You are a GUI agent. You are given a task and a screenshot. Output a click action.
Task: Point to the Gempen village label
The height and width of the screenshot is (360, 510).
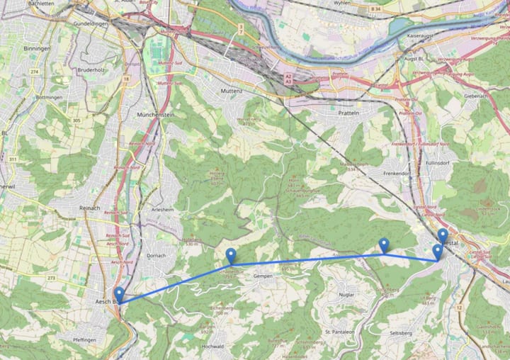point(263,276)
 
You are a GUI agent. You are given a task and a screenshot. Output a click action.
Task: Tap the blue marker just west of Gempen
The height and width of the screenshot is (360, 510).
point(231,256)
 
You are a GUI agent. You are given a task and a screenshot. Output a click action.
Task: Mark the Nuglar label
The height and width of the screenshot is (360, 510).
point(347,293)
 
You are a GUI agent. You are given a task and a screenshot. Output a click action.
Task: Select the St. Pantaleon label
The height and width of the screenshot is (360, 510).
point(339,331)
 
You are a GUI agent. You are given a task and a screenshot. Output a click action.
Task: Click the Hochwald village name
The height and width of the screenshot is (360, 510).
point(213,346)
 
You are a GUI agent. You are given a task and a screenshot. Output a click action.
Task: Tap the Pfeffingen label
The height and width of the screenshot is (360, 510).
point(84,339)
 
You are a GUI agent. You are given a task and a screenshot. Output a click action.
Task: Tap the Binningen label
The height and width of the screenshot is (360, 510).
point(38,49)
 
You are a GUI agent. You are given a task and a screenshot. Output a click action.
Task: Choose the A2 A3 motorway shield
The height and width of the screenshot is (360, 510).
point(288,79)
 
